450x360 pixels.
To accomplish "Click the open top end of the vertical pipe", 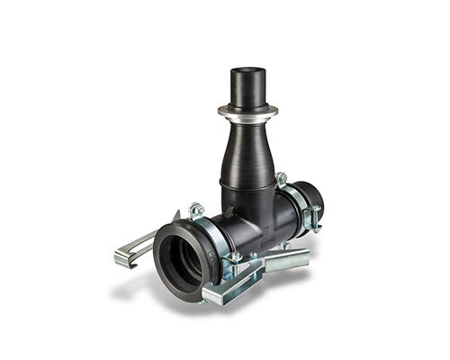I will [246, 72].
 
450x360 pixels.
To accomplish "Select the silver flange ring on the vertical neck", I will [247, 111].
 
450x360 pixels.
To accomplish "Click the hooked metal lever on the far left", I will [135, 247].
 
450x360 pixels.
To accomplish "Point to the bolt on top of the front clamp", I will [196, 210].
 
